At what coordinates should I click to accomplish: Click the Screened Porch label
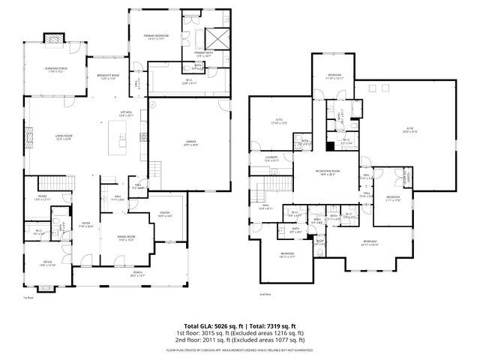coord(55,70)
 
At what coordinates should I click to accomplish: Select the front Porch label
coord(137,274)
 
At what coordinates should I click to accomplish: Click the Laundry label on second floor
coord(271,158)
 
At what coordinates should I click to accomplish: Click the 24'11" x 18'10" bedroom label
coord(369,242)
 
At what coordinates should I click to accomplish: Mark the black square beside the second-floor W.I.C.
coord(331,145)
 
